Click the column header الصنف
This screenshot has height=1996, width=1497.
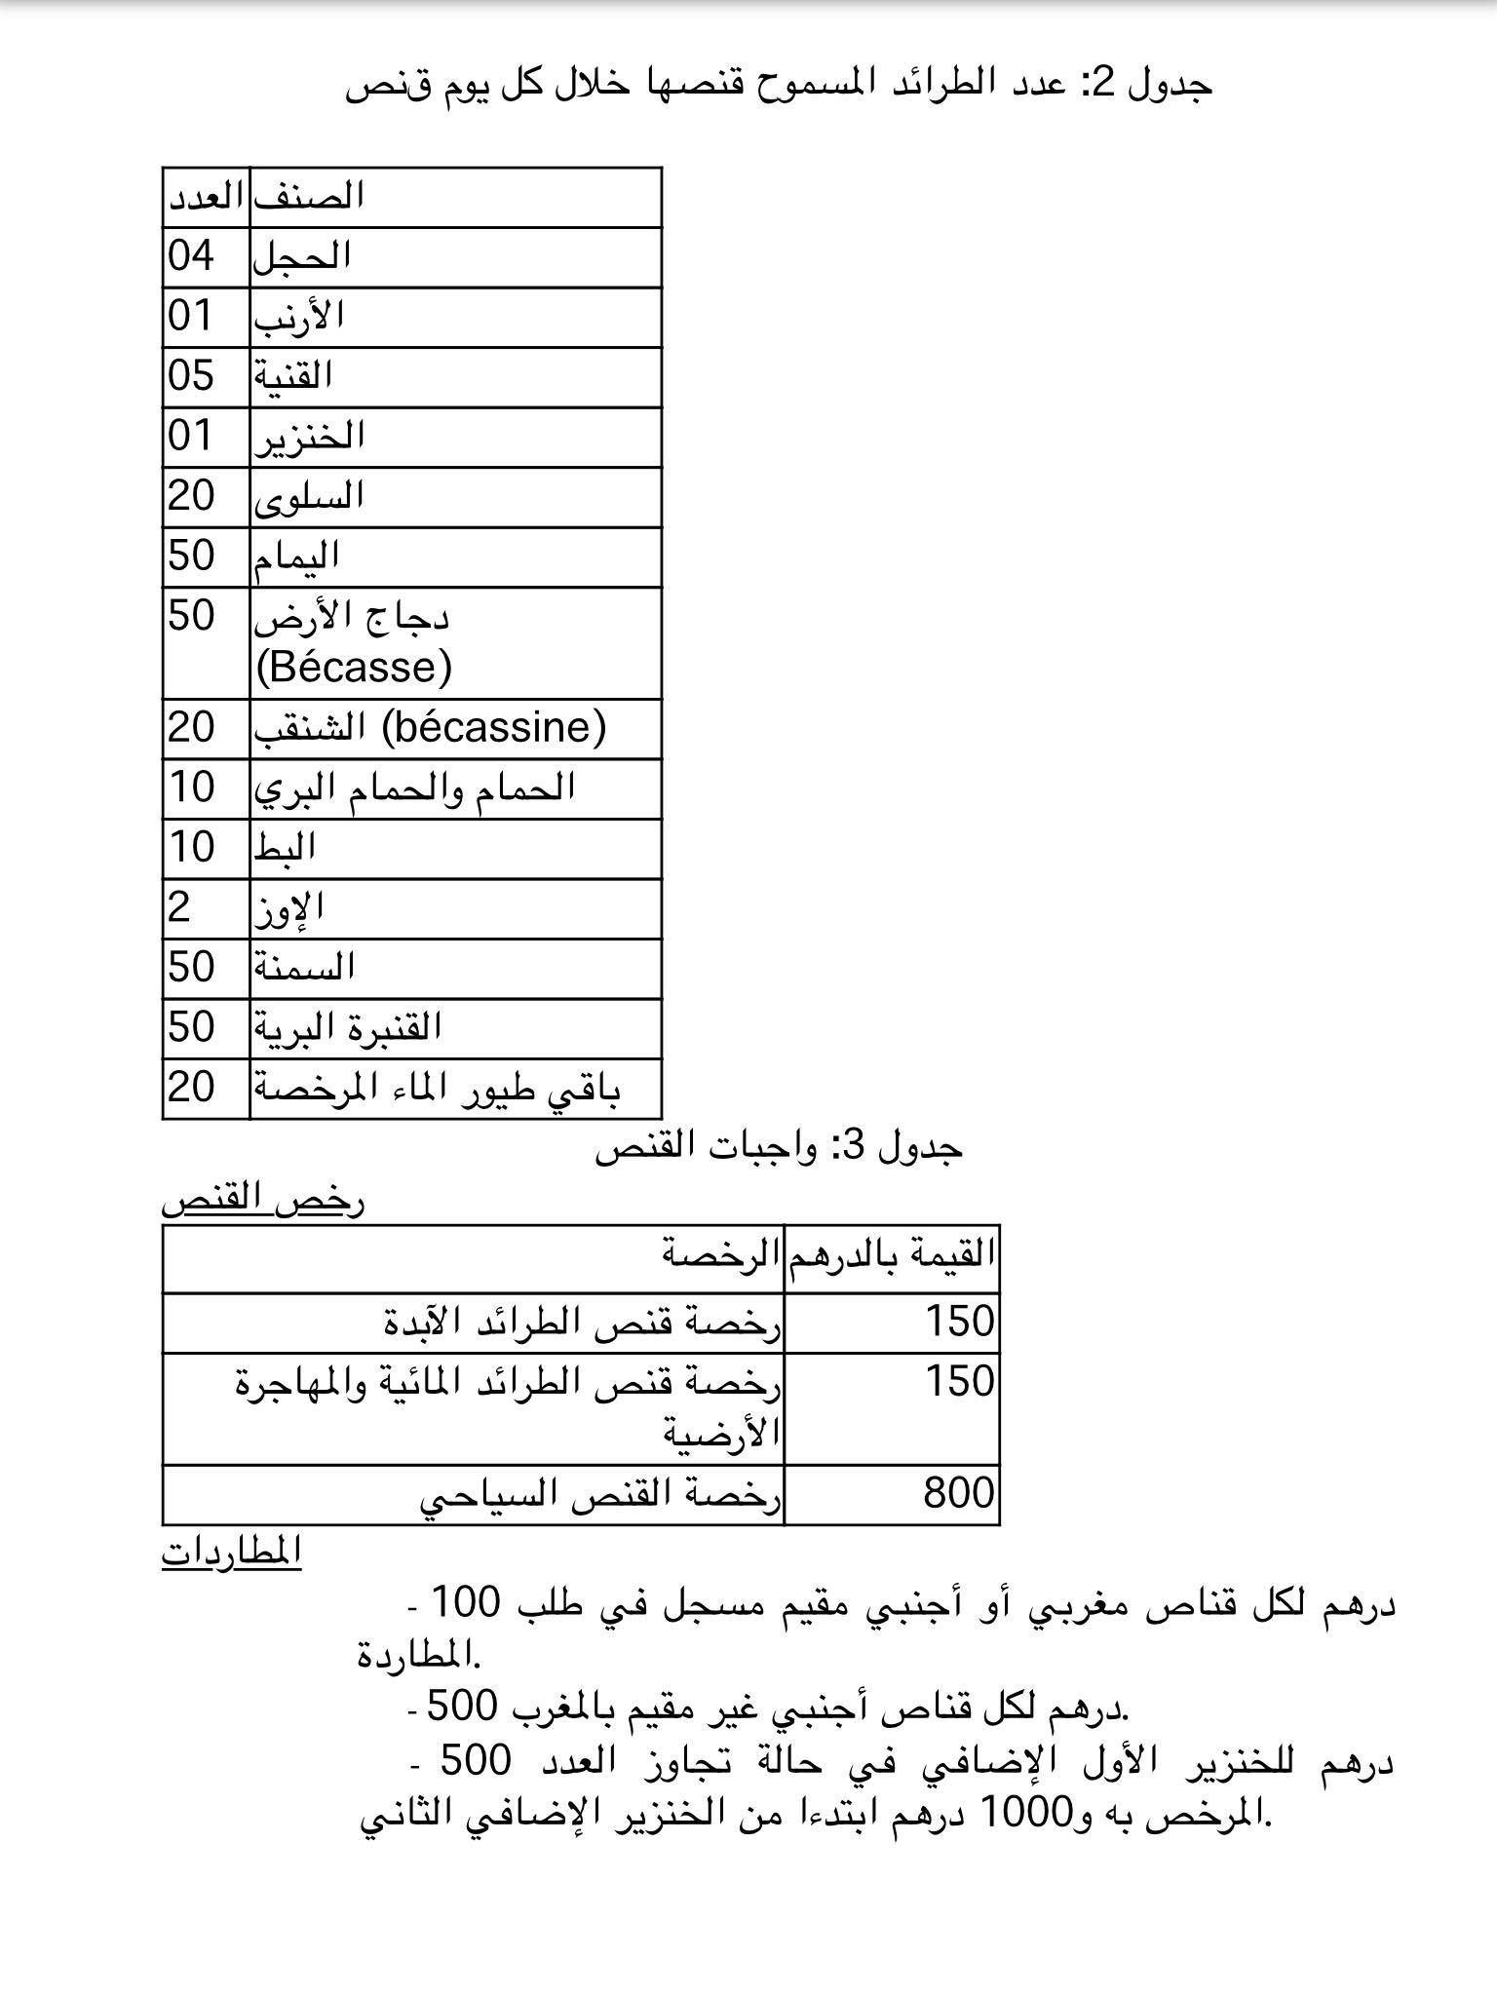[x=309, y=196]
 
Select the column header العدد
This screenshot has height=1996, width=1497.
[x=206, y=197]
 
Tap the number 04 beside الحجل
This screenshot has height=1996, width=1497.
[x=191, y=256]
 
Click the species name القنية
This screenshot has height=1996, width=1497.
[x=293, y=376]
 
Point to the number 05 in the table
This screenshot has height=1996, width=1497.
[x=191, y=376]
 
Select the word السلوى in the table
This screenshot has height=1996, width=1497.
[x=309, y=497]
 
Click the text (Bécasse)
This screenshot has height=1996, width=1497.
[x=354, y=668]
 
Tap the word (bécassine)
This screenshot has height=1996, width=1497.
[x=494, y=727]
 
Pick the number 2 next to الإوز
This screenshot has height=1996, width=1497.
[x=179, y=908]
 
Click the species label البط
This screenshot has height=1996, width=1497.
[x=285, y=848]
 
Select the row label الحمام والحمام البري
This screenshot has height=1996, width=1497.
[x=414, y=787]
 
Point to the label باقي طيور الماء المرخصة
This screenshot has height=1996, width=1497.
[x=437, y=1088]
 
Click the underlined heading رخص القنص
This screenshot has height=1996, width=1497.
[x=263, y=1200]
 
